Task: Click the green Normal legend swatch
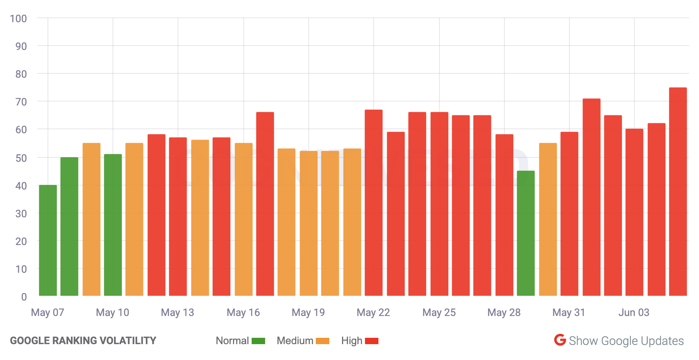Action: coord(258,341)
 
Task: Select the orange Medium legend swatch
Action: coord(323,341)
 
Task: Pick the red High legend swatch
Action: coord(372,341)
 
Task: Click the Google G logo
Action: coord(560,340)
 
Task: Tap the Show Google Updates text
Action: coord(626,341)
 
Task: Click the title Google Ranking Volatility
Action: coord(83,341)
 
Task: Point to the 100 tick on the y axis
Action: coord(18,19)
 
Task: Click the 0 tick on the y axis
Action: coord(24,297)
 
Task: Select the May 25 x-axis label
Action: coord(439,312)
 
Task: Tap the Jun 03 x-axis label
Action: coord(634,312)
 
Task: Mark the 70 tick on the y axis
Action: coord(21,102)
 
